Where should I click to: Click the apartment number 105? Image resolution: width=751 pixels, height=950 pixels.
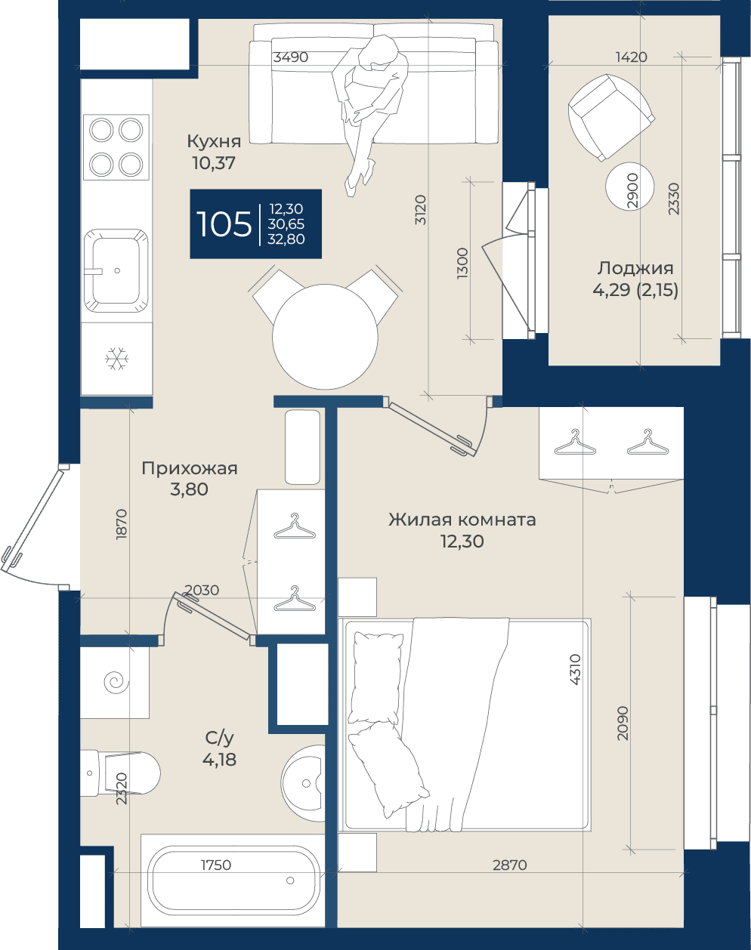(224, 224)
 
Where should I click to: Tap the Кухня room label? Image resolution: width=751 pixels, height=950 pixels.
(214, 142)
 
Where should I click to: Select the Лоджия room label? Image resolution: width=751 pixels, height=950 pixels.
(635, 268)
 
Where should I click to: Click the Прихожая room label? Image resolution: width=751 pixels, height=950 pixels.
(190, 468)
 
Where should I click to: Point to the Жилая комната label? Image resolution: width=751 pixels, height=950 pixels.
(462, 519)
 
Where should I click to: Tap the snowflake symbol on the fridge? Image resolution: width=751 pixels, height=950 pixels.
(116, 359)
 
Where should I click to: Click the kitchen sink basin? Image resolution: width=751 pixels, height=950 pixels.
(116, 270)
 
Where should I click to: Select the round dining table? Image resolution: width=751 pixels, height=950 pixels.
(325, 337)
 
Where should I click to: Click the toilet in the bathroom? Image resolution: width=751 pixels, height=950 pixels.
(120, 773)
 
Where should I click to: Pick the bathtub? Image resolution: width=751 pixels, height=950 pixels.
(233, 881)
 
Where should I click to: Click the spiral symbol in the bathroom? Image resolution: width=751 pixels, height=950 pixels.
(116, 682)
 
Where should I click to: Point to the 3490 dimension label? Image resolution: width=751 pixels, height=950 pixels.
(290, 57)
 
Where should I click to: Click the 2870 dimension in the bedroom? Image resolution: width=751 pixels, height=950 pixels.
(510, 865)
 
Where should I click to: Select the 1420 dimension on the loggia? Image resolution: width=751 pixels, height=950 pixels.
(632, 57)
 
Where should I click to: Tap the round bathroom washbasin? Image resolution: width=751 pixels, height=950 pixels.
(304, 783)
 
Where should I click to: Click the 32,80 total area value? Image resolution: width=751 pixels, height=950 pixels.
(286, 239)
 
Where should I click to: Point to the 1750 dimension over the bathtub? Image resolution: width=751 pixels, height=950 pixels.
(216, 865)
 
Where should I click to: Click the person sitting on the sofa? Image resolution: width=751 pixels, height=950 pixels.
(369, 110)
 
